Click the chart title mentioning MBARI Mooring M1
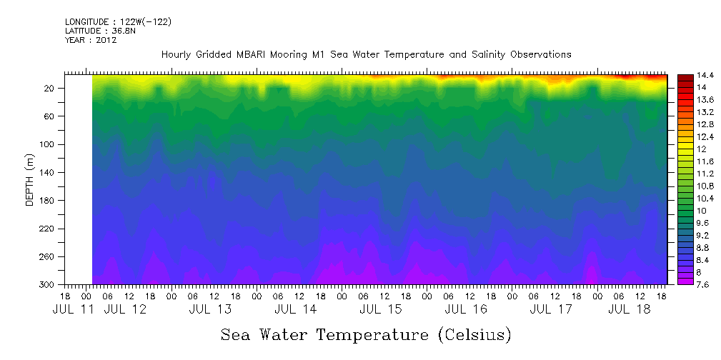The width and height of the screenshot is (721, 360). [x=366, y=55]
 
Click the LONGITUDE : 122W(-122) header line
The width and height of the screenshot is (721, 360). [x=118, y=22]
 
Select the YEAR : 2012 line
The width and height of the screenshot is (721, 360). [x=91, y=40]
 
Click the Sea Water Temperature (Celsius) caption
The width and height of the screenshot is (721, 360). [x=366, y=334]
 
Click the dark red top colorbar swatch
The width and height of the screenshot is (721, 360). [x=684, y=77]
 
